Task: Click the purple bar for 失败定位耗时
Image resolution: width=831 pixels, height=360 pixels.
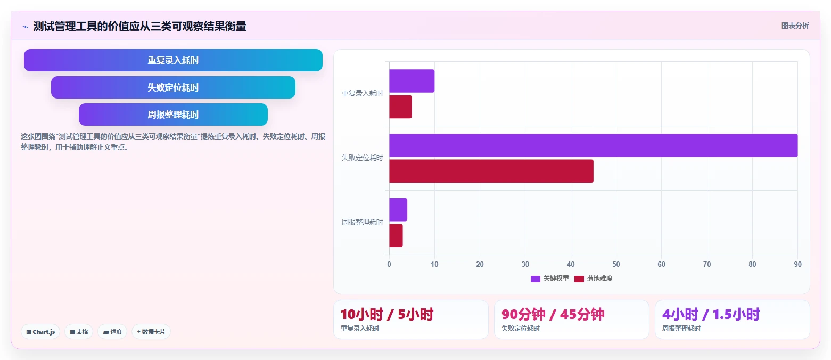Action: tap(593, 145)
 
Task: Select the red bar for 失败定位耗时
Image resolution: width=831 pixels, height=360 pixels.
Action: tap(491, 171)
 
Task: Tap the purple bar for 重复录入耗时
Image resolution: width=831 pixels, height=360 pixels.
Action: tap(412, 81)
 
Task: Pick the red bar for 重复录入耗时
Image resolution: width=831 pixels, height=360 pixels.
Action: tap(400, 107)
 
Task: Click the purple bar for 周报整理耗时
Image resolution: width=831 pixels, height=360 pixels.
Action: tap(398, 210)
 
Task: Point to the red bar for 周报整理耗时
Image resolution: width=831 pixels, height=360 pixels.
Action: tap(396, 235)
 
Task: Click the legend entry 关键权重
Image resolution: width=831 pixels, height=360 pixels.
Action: tap(550, 279)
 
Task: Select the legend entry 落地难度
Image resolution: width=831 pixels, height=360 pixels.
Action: tap(594, 279)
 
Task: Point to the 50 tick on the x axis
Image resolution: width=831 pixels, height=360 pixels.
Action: tap(616, 264)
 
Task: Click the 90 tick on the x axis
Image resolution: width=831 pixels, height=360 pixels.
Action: tap(797, 264)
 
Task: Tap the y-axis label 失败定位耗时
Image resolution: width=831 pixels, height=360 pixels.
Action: tap(362, 158)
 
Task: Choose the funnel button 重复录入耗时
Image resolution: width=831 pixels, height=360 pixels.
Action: tap(173, 60)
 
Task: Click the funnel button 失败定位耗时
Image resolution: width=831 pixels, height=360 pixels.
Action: tap(173, 87)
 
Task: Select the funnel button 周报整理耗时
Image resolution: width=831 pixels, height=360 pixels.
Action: tap(173, 114)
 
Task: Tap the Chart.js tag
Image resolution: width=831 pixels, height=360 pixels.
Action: tap(40, 332)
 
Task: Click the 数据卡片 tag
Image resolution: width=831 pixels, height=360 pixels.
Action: tap(151, 332)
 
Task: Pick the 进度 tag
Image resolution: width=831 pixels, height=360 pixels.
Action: tap(112, 332)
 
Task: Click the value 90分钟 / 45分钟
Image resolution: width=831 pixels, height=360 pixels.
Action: tap(553, 314)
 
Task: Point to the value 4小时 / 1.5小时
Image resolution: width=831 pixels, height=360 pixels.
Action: tap(711, 314)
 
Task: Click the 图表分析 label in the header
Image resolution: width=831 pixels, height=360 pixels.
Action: tap(795, 26)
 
